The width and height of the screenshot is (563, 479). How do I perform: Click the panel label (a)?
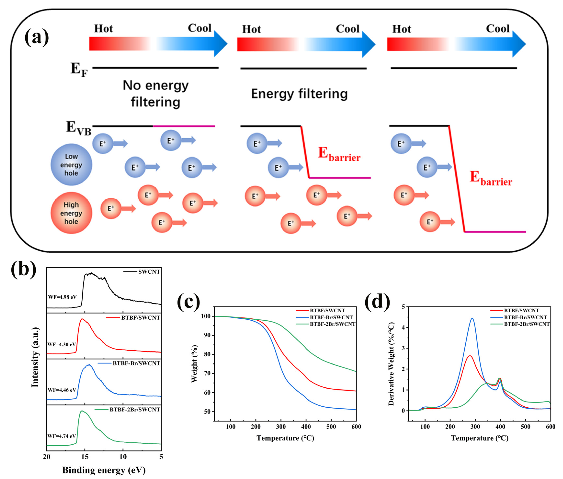point(37,38)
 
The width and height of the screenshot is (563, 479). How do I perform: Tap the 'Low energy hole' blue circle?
point(71,165)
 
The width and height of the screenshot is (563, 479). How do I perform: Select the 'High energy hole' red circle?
point(71,213)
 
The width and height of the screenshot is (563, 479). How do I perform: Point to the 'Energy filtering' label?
point(299,94)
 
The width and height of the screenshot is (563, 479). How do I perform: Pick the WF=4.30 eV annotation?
point(62,344)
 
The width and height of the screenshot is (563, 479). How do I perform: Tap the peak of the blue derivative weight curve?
point(472,319)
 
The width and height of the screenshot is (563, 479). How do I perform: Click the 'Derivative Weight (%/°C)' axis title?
point(391,364)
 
